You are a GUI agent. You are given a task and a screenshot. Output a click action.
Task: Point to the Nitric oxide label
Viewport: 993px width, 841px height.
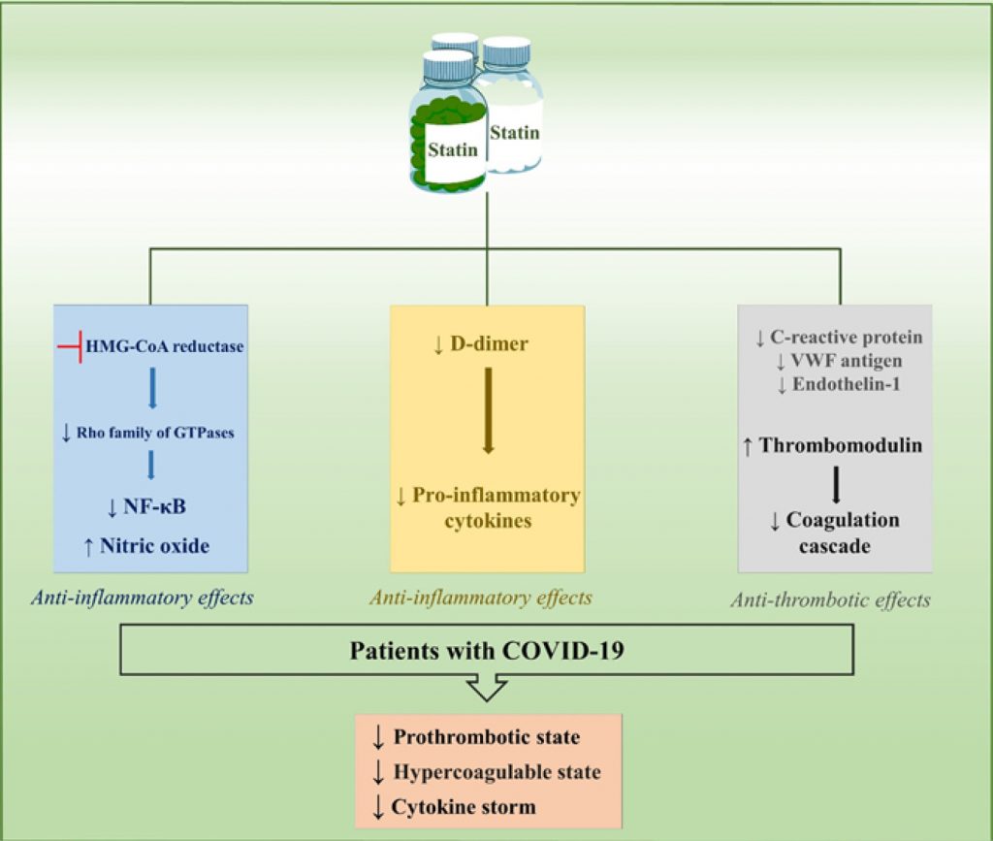click(x=154, y=545)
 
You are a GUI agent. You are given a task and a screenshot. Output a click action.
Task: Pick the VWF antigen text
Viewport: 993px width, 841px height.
click(x=840, y=361)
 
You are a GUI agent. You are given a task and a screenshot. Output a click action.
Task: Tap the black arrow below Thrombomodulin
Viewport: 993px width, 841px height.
click(x=835, y=483)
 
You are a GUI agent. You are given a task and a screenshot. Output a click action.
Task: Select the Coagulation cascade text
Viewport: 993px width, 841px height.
click(x=835, y=533)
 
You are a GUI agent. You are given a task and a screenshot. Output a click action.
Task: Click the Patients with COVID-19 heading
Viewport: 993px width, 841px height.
click(x=486, y=649)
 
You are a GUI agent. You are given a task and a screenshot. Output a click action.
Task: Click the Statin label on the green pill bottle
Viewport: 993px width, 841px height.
click(x=453, y=149)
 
